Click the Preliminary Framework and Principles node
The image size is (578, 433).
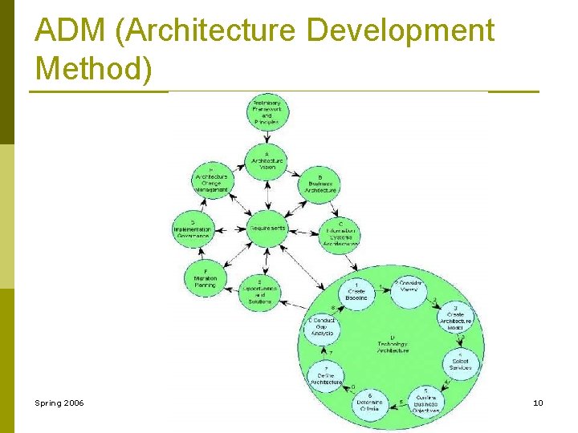[267, 113]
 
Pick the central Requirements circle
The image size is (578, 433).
[267, 228]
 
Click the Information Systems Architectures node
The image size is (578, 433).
[340, 232]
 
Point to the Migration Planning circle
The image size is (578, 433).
[206, 276]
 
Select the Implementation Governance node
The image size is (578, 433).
[193, 229]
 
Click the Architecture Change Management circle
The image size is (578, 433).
[210, 180]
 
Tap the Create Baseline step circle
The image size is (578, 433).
[356, 293]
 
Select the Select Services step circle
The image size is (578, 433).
[460, 363]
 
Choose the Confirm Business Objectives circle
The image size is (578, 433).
[425, 399]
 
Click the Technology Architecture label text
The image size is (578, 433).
[392, 344]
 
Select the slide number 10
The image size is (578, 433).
[537, 403]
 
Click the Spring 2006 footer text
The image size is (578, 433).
[59, 403]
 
